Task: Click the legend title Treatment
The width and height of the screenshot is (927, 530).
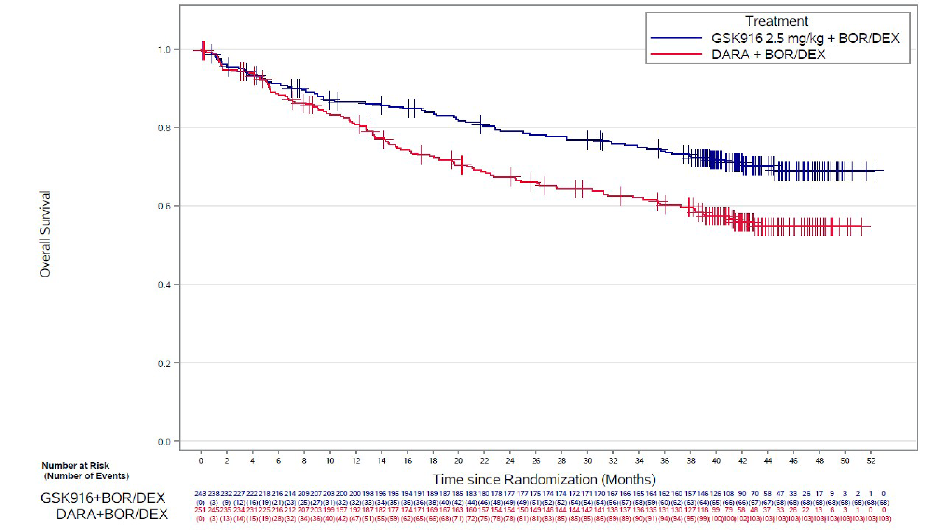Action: (x=777, y=21)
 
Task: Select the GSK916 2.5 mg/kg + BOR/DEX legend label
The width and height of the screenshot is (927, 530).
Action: (x=805, y=38)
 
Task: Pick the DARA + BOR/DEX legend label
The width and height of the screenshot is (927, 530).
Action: (x=768, y=54)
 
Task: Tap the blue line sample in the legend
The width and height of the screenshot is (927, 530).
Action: (x=676, y=38)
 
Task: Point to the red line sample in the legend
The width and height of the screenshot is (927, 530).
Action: (x=676, y=54)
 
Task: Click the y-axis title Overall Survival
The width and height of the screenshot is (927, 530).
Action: (x=45, y=234)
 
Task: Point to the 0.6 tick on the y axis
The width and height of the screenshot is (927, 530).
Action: (x=164, y=206)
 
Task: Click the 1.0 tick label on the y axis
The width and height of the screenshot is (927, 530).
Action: (x=164, y=50)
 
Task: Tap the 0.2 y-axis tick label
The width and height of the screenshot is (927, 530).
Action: (x=164, y=363)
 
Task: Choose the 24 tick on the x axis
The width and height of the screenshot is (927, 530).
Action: (x=510, y=461)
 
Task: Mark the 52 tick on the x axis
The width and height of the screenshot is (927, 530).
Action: (x=871, y=461)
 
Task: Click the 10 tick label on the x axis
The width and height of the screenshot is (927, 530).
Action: (x=329, y=461)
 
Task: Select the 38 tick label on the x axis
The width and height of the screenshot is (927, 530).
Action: (x=690, y=461)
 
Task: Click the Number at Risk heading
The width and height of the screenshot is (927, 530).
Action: (x=75, y=465)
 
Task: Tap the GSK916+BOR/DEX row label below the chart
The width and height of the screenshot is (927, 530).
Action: (x=103, y=498)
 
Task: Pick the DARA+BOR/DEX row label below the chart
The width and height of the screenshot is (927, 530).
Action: (x=112, y=514)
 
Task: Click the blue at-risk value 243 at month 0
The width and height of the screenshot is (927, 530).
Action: (x=200, y=494)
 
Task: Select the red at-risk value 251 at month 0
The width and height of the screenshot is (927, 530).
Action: (x=200, y=510)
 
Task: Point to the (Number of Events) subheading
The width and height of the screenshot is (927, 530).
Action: (x=87, y=476)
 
